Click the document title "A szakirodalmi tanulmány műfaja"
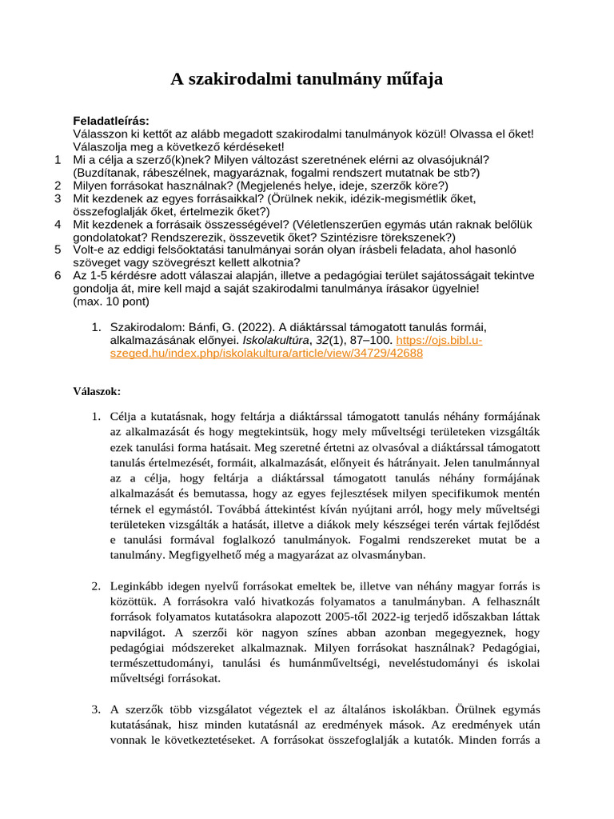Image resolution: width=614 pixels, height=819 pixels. pos(307,79)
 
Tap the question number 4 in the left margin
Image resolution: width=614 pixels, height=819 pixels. pos(58,224)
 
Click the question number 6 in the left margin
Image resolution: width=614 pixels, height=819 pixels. pos(58,275)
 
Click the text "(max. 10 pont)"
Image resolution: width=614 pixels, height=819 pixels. pos(110,302)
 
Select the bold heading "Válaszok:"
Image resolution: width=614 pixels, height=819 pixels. pos(97,391)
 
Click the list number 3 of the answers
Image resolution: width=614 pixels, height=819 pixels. pos(95,709)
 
